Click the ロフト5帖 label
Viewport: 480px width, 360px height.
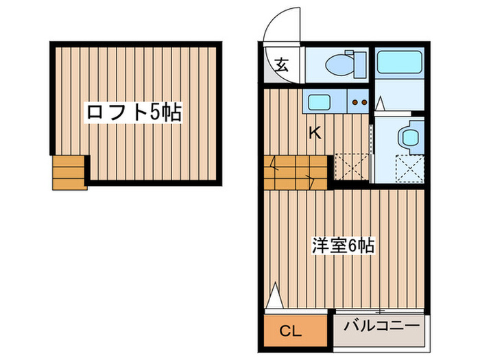[x=134, y=112]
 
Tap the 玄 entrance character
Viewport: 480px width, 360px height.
[x=282, y=67]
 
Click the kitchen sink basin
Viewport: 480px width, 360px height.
[x=320, y=103]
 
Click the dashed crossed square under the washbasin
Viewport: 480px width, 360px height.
[x=410, y=167]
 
